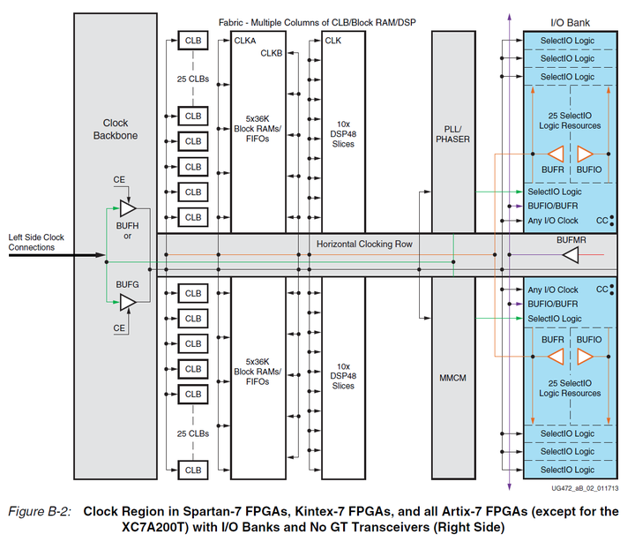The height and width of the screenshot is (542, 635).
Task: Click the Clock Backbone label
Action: click(x=116, y=130)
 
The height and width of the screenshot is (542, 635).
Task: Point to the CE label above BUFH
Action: click(x=120, y=180)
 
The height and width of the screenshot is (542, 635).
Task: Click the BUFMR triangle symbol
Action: click(x=571, y=255)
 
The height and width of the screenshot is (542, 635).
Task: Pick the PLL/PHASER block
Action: click(x=452, y=133)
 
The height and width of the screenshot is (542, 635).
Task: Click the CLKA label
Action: click(x=245, y=41)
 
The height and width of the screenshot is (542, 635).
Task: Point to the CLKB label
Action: click(x=271, y=54)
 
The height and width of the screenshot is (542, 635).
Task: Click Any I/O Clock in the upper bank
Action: click(x=553, y=221)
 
